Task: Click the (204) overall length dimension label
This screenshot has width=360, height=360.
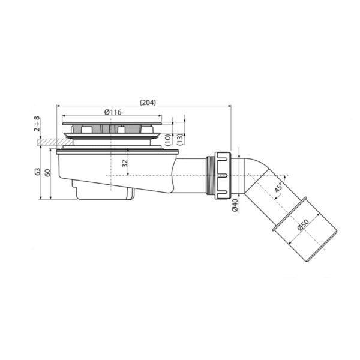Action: click(148, 103)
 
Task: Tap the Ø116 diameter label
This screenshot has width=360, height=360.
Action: click(113, 112)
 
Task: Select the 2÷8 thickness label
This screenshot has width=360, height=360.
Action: click(37, 124)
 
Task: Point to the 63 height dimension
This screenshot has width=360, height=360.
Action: click(37, 172)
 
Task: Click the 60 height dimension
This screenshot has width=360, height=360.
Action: click(47, 173)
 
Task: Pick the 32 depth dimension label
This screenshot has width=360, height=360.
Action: click(125, 163)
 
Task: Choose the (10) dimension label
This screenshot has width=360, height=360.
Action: click(168, 140)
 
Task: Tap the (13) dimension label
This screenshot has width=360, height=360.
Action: click(180, 139)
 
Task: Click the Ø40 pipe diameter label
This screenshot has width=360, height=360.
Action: click(235, 205)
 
